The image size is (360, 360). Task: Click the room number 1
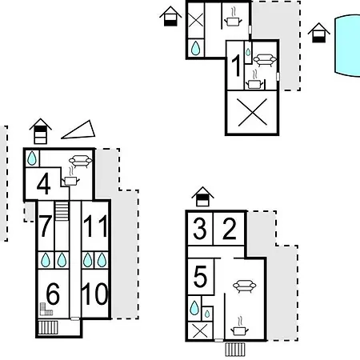click(x=236, y=66)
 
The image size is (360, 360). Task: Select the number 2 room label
click(x=230, y=229)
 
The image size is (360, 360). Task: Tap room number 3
click(x=200, y=229)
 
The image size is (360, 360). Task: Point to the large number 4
click(x=44, y=184)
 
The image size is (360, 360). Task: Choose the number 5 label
click(x=200, y=277)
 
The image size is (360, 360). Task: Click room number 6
click(x=53, y=294)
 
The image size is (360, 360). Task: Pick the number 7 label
click(x=45, y=226)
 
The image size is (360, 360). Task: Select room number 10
click(x=95, y=294)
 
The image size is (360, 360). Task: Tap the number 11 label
click(x=95, y=226)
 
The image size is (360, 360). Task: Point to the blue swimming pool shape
click(x=347, y=46)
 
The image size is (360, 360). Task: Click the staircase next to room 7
click(x=62, y=211)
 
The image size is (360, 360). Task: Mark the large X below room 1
click(x=252, y=112)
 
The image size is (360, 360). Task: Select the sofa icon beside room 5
click(x=245, y=286)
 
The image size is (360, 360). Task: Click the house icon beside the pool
click(x=319, y=33)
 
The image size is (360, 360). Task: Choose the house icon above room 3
click(x=202, y=196)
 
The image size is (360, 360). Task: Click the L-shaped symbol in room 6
click(x=46, y=310)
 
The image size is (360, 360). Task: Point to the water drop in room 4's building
click(x=32, y=158)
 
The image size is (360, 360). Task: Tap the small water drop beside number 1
click(x=248, y=52)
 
